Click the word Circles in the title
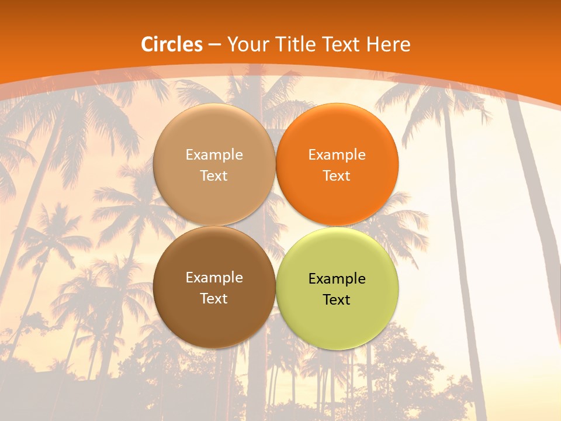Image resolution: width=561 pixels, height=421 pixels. click(x=172, y=44)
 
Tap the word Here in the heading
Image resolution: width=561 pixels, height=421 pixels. click(x=389, y=44)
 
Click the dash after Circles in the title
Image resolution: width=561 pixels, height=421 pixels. click(x=214, y=45)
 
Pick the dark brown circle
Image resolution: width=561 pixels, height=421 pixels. click(x=214, y=316)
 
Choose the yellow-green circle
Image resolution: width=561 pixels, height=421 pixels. click(x=337, y=319)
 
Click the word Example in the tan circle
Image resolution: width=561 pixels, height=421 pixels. click(x=214, y=155)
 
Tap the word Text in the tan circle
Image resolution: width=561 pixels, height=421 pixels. click(x=214, y=176)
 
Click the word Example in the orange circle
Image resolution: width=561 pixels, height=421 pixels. click(x=337, y=155)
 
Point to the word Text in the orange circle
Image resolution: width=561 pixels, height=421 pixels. click(x=337, y=176)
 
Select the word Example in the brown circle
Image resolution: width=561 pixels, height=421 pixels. click(x=214, y=278)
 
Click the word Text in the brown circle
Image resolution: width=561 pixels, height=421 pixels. click(x=214, y=299)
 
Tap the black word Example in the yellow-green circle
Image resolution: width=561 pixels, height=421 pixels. click(x=337, y=279)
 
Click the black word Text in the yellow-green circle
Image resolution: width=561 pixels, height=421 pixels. click(x=337, y=300)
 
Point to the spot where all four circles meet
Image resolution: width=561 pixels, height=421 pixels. click(x=276, y=226)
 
